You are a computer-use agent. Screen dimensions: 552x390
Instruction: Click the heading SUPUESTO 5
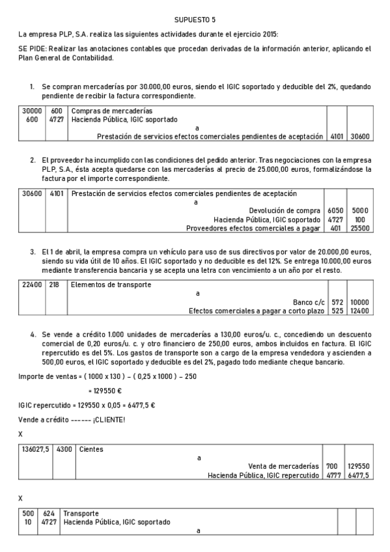[195, 20]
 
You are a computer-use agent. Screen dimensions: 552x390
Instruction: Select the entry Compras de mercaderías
[111, 111]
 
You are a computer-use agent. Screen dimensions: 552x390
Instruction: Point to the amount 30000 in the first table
[32, 111]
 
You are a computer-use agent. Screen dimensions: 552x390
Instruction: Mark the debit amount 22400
[32, 284]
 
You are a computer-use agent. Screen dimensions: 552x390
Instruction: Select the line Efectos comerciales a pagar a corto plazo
[256, 311]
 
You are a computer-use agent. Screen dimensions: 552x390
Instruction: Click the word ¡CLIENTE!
[109, 419]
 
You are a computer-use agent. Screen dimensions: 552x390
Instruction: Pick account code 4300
[64, 449]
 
